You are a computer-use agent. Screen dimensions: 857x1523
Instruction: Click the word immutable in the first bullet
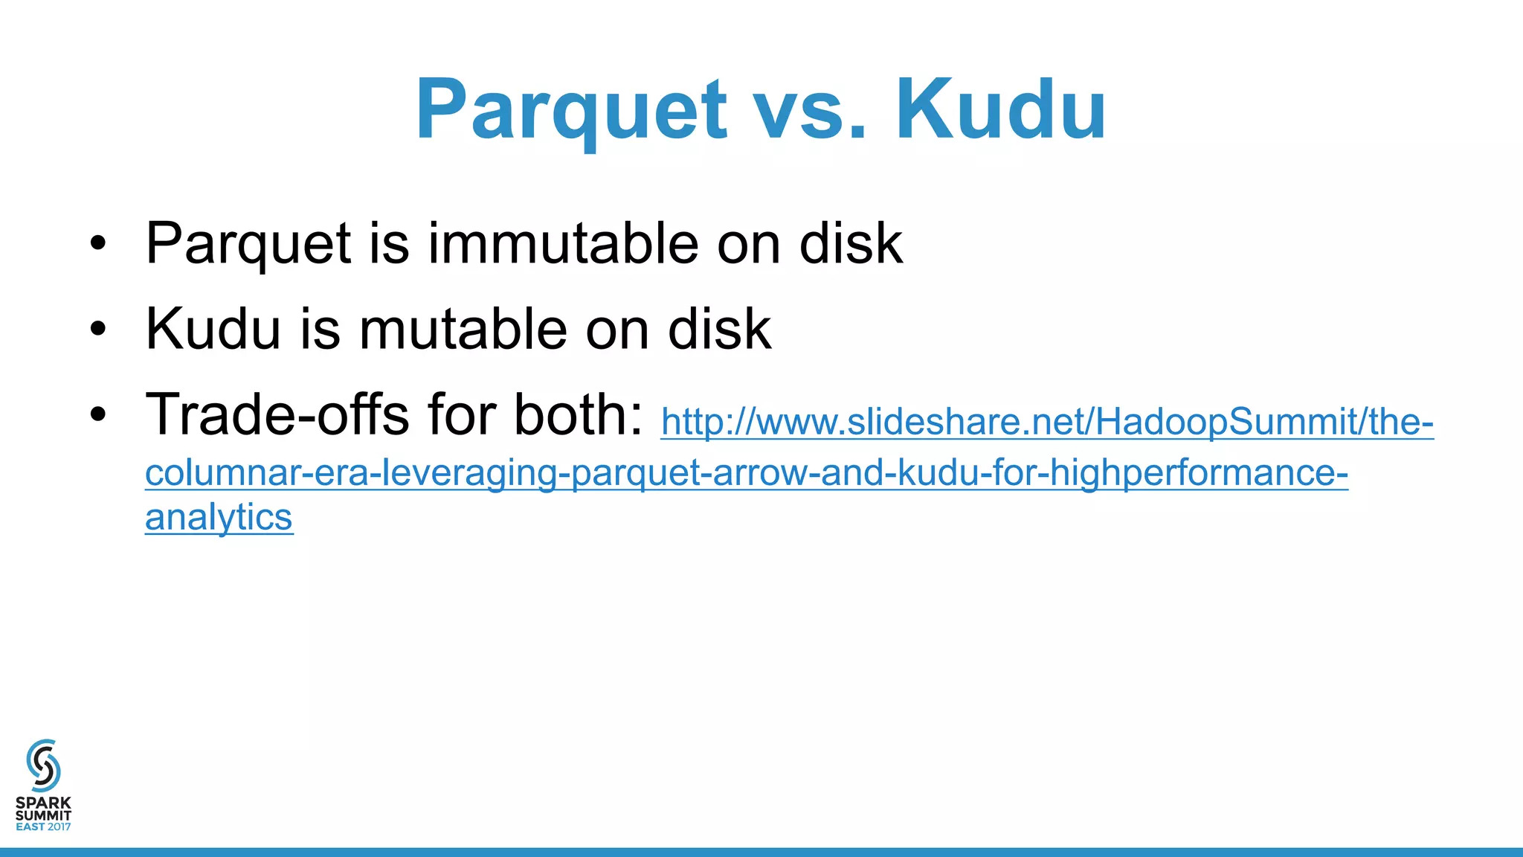[563, 243]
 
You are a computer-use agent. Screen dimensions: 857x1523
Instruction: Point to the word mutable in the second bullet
[464, 329]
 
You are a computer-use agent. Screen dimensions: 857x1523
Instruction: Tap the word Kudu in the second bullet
[213, 329]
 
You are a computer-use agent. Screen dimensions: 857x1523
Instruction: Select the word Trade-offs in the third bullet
[277, 414]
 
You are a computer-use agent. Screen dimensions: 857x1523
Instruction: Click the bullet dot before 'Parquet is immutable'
[98, 243]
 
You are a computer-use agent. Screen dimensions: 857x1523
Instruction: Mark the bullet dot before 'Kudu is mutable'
[98, 329]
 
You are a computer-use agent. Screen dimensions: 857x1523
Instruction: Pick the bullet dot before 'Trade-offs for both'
[98, 415]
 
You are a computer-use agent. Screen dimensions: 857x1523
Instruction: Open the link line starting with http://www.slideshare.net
[1046, 423]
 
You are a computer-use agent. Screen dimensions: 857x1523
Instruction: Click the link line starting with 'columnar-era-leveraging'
[746, 473]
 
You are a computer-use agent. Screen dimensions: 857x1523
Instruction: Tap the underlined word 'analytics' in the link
[219, 517]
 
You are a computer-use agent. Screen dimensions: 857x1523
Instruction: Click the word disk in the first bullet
[851, 243]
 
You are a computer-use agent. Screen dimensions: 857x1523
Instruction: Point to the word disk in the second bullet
[719, 329]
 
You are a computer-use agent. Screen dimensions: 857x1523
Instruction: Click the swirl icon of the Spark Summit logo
[43, 765]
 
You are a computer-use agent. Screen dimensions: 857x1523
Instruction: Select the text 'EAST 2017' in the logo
[43, 826]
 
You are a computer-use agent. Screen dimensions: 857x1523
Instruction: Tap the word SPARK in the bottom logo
[43, 803]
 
